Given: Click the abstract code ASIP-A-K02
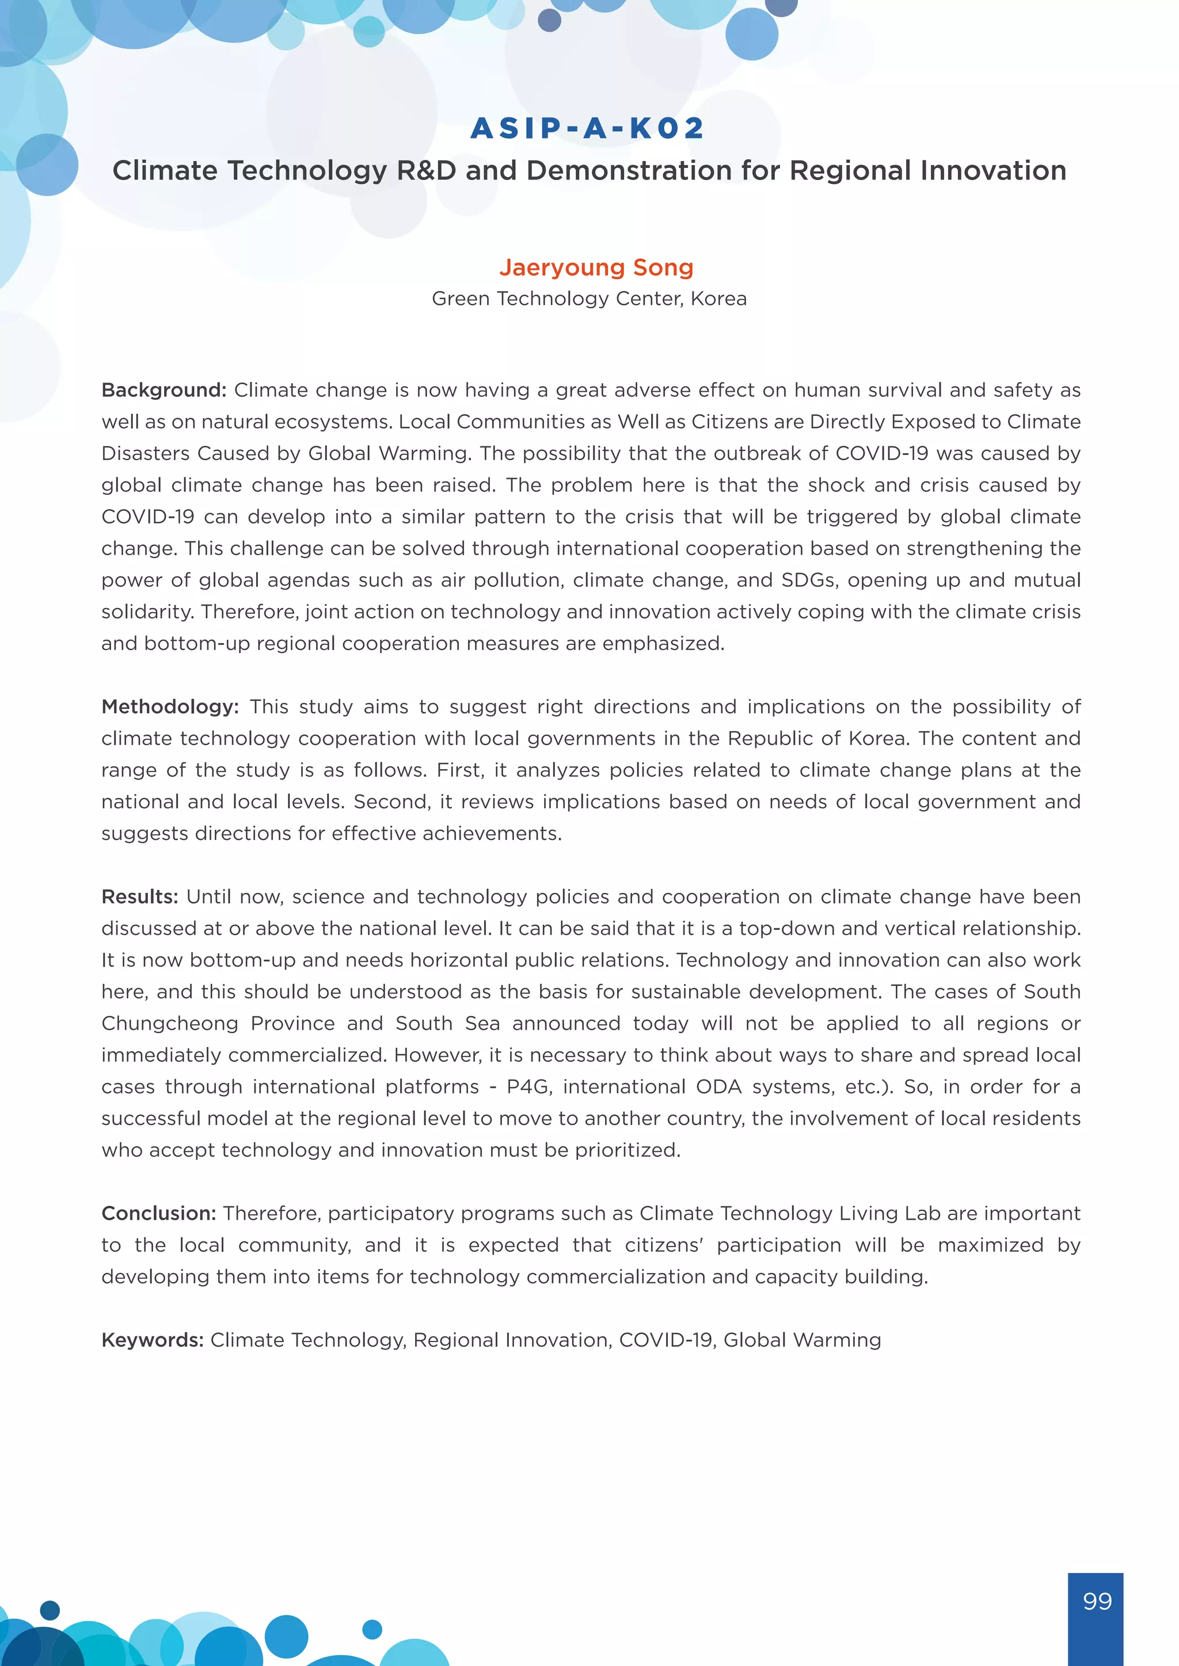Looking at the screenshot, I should tap(588, 128).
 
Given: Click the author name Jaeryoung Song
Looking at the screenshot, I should tap(596, 267).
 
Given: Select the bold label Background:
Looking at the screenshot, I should tap(164, 391).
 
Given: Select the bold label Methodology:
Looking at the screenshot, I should tap(170, 707).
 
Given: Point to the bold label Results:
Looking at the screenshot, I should tap(139, 897).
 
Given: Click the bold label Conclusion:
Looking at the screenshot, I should tap(158, 1213).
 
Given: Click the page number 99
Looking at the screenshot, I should tap(1096, 1600).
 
